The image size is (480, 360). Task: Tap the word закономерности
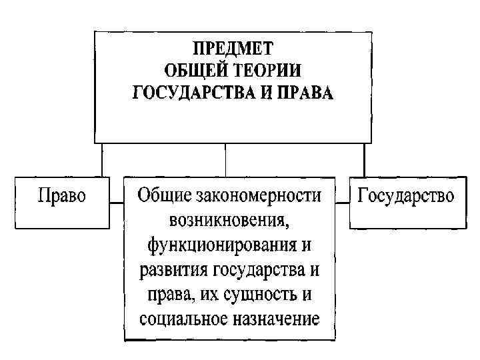pyautogui.click(x=259, y=195)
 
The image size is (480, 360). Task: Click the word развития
pyautogui.click(x=175, y=270)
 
